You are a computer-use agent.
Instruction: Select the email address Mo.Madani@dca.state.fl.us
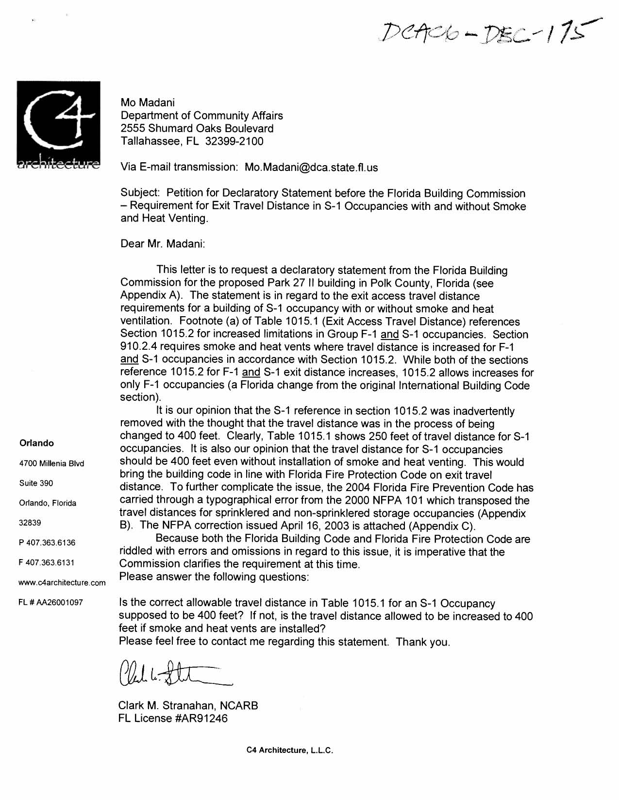(311, 168)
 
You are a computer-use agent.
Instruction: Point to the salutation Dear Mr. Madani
(163, 244)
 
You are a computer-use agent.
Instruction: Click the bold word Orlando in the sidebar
(36, 443)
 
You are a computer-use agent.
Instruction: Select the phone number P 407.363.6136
(47, 543)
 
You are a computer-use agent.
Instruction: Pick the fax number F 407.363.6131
(47, 562)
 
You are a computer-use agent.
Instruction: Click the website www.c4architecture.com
(62, 582)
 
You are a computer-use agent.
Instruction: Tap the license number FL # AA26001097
(51, 602)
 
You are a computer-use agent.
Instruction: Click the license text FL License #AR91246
(173, 718)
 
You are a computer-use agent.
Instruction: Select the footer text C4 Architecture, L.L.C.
(289, 750)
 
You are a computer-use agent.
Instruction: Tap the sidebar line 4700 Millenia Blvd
(51, 463)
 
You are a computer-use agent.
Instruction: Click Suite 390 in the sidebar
(36, 483)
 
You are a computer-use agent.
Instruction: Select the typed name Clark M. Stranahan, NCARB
(188, 706)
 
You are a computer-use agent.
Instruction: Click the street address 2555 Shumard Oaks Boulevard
(197, 129)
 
